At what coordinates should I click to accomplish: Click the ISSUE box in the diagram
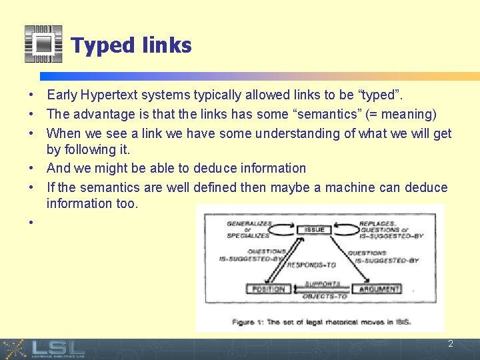[315, 229]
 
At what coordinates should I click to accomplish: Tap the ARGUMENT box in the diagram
[379, 289]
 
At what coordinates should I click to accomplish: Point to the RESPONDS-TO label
[312, 265]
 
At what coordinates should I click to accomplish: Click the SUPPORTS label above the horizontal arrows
[323, 283]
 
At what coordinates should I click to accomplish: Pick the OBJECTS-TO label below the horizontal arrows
[325, 296]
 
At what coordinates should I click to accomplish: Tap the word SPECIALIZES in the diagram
[248, 235]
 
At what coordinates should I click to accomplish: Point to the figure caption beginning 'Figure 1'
[321, 322]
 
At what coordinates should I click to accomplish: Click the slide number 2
[451, 344]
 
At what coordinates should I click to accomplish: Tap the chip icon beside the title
[43, 44]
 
